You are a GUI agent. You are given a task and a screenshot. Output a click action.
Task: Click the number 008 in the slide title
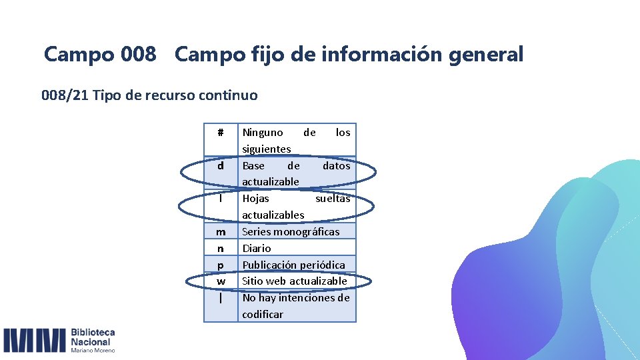(139, 54)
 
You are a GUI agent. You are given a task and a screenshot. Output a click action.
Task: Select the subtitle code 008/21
(65, 95)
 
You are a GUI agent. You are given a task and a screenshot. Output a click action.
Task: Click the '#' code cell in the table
(221, 132)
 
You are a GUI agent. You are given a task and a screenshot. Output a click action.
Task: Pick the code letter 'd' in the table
(221, 165)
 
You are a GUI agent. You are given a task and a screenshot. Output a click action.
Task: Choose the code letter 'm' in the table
(221, 232)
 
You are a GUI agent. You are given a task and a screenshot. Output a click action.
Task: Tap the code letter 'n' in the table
(221, 248)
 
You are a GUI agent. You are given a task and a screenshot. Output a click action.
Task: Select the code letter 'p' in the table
(221, 265)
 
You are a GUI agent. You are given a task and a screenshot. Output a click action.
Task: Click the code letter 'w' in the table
(221, 281)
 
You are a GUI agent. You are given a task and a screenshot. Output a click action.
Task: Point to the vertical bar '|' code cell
(221, 298)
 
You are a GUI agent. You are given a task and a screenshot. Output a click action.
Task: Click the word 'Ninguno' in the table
(263, 132)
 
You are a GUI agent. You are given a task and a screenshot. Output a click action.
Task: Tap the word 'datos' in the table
(336, 165)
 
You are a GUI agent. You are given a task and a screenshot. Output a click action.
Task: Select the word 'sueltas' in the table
(332, 198)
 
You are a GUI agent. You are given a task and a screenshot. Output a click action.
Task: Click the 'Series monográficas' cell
(291, 232)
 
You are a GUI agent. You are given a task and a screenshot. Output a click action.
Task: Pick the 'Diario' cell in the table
(257, 248)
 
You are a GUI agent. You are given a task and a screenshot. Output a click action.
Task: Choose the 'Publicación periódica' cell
(293, 265)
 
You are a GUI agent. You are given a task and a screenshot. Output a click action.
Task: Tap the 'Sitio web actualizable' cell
(295, 281)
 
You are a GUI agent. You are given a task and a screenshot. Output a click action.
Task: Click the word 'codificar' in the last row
(263, 314)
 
